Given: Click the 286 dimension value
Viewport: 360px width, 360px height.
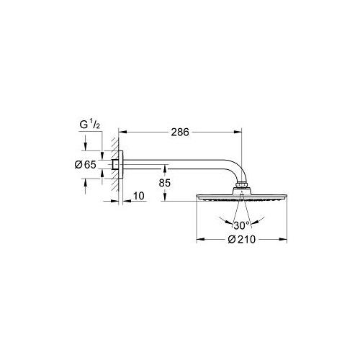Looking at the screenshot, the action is (180, 132).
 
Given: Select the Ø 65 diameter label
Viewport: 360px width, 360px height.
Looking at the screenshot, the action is (86, 165).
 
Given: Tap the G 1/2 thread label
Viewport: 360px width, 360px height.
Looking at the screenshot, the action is (89, 125).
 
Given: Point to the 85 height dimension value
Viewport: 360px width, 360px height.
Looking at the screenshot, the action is (165, 183).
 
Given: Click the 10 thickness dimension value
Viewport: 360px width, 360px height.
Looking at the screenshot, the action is (139, 196).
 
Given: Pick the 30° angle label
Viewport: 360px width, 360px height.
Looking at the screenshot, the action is (241, 225).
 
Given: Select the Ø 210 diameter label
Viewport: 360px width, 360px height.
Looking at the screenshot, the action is (241, 239).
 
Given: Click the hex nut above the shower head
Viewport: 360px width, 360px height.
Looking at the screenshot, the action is (241, 185).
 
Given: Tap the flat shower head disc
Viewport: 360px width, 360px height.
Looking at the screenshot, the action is (242, 197).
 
